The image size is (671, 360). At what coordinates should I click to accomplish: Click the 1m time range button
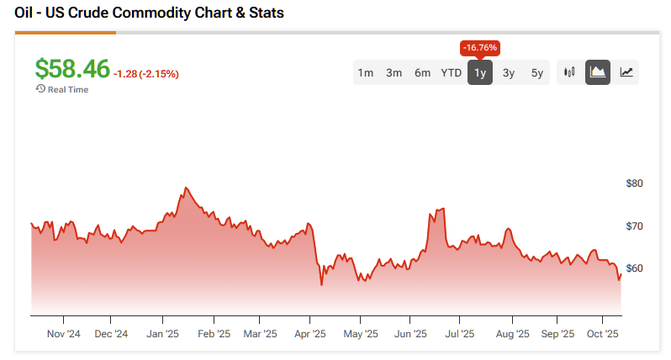(x=366, y=72)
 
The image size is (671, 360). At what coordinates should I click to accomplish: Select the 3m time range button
(x=394, y=72)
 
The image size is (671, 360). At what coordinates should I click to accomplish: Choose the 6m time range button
(x=422, y=72)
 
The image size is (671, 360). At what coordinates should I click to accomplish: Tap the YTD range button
(x=452, y=72)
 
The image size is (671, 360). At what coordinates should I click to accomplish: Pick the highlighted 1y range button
(x=480, y=72)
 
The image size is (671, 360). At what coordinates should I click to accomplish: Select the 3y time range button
(x=509, y=72)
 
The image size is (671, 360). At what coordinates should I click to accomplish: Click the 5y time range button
(x=537, y=72)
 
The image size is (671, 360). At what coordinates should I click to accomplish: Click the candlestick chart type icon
(x=569, y=72)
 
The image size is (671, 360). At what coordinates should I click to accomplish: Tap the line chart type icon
(x=626, y=72)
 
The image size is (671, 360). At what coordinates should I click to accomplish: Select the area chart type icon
(x=598, y=72)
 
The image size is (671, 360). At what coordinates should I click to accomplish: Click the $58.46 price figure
(x=72, y=69)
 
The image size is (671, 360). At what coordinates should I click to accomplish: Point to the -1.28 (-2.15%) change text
(x=146, y=74)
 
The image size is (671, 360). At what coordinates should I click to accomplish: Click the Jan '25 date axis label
(x=162, y=334)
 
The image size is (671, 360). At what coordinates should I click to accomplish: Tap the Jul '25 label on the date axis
(x=459, y=334)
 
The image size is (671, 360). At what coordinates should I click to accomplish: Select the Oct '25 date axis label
(x=603, y=334)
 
